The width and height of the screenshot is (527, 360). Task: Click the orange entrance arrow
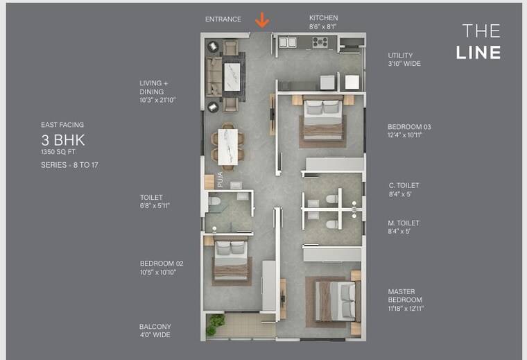pyautogui.click(x=261, y=20)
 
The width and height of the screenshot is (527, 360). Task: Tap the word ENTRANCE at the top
pyautogui.click(x=223, y=19)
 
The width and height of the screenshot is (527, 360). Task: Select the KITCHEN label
pyautogui.click(x=324, y=18)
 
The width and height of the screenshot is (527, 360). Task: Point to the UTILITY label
pyautogui.click(x=400, y=55)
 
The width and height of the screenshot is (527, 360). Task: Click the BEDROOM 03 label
pyautogui.click(x=409, y=127)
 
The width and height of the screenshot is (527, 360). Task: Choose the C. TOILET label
pyautogui.click(x=404, y=185)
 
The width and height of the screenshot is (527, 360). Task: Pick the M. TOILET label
pyautogui.click(x=404, y=223)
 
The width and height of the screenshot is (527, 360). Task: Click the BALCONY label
pyautogui.click(x=155, y=327)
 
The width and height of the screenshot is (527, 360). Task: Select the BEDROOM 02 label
pyautogui.click(x=162, y=264)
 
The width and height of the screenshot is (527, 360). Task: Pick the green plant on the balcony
pyautogui.click(x=216, y=321)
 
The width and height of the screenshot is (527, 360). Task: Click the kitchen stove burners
pyautogui.click(x=320, y=42)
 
